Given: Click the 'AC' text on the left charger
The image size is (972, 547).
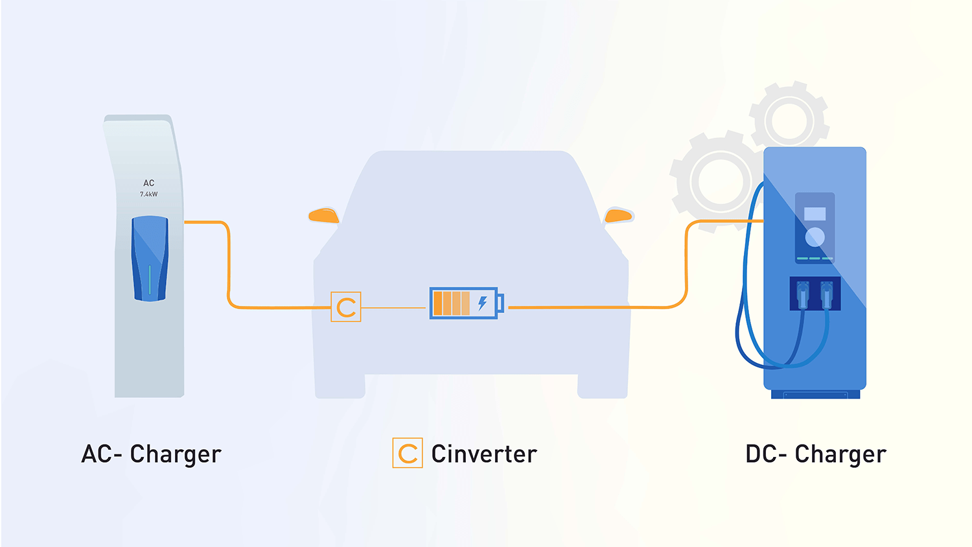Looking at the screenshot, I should coord(149,183).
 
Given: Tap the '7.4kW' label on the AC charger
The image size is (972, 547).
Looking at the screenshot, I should coord(149,194).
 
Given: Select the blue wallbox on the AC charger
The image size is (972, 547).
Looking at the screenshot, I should coord(150,258).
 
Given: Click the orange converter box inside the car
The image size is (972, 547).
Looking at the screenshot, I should coord(346,307).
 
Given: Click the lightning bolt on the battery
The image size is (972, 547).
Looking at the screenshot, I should coord(483,303).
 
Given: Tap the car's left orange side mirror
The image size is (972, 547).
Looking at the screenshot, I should coord(324,216).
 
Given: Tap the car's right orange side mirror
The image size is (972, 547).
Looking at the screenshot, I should coord(618,216).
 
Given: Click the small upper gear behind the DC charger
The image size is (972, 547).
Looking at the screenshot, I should coord(789,120).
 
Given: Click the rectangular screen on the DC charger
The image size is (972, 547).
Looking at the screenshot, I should coord(815,214).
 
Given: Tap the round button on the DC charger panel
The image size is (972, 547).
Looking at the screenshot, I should coord(815,237).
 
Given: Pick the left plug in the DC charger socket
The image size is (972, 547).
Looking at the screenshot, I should coord(803,294).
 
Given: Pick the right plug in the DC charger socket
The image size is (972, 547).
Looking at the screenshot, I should coord(827,294).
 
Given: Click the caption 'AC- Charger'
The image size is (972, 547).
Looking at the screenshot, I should coord(152,454).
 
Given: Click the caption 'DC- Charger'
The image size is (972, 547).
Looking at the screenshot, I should coord(816,454).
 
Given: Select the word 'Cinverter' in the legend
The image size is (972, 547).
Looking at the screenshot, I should coord(484,454).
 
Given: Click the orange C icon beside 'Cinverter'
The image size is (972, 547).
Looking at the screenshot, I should coord(408,453).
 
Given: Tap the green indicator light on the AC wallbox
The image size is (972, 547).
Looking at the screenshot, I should coord(150,279).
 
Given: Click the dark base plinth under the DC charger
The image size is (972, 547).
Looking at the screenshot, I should coord(815,394).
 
